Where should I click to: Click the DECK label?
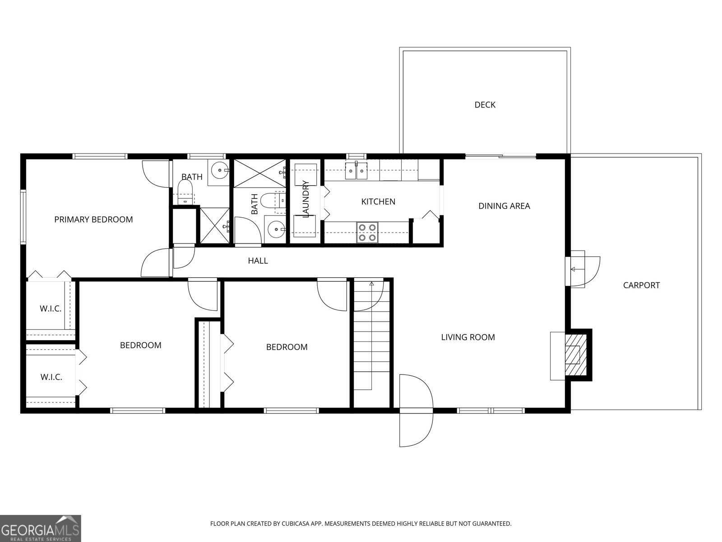click(x=485, y=105)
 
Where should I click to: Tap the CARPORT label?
click(x=641, y=285)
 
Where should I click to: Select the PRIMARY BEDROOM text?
click(x=93, y=220)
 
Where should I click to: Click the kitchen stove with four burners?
click(x=366, y=232)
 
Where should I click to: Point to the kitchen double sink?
click(x=356, y=171)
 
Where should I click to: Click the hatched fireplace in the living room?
click(x=573, y=355)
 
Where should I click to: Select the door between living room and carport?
click(x=583, y=269)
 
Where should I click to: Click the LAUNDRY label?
click(x=306, y=199)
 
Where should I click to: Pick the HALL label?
click(x=258, y=261)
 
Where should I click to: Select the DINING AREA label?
click(x=504, y=206)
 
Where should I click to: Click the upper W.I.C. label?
click(x=50, y=309)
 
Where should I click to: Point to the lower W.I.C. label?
click(x=51, y=377)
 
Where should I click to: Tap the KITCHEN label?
click(x=378, y=201)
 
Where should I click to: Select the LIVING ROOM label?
click(x=467, y=337)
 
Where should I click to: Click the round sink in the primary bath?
click(x=220, y=170)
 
